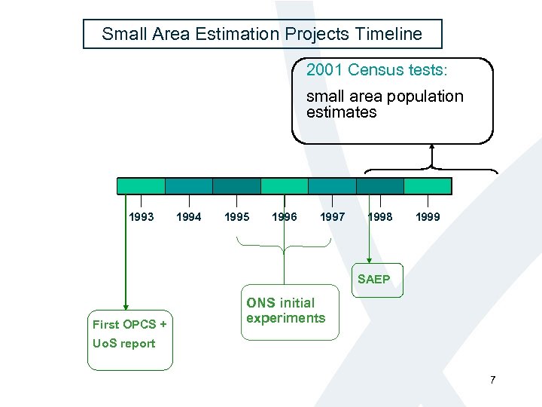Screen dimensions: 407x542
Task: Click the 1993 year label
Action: click(142, 217)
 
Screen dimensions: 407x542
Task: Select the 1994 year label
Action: click(188, 217)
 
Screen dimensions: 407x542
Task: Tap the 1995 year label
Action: click(237, 217)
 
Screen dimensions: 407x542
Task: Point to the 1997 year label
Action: click(333, 217)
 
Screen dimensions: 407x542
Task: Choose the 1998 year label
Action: click(379, 217)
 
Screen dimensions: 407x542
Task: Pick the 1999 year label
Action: click(428, 217)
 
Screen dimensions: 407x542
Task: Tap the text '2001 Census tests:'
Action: click(376, 70)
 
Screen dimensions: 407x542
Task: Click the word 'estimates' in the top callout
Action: click(341, 112)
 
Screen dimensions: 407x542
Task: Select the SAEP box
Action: click(374, 280)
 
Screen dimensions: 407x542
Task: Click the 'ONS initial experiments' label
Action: click(285, 311)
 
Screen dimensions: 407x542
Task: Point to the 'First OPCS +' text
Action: click(129, 325)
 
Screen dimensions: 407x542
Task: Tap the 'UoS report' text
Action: click(123, 344)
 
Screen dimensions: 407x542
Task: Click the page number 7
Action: click(492, 380)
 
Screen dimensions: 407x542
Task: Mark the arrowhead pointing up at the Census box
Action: click(432, 148)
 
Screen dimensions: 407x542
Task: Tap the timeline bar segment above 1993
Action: click(141, 186)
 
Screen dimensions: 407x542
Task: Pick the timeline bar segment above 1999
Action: click(428, 186)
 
